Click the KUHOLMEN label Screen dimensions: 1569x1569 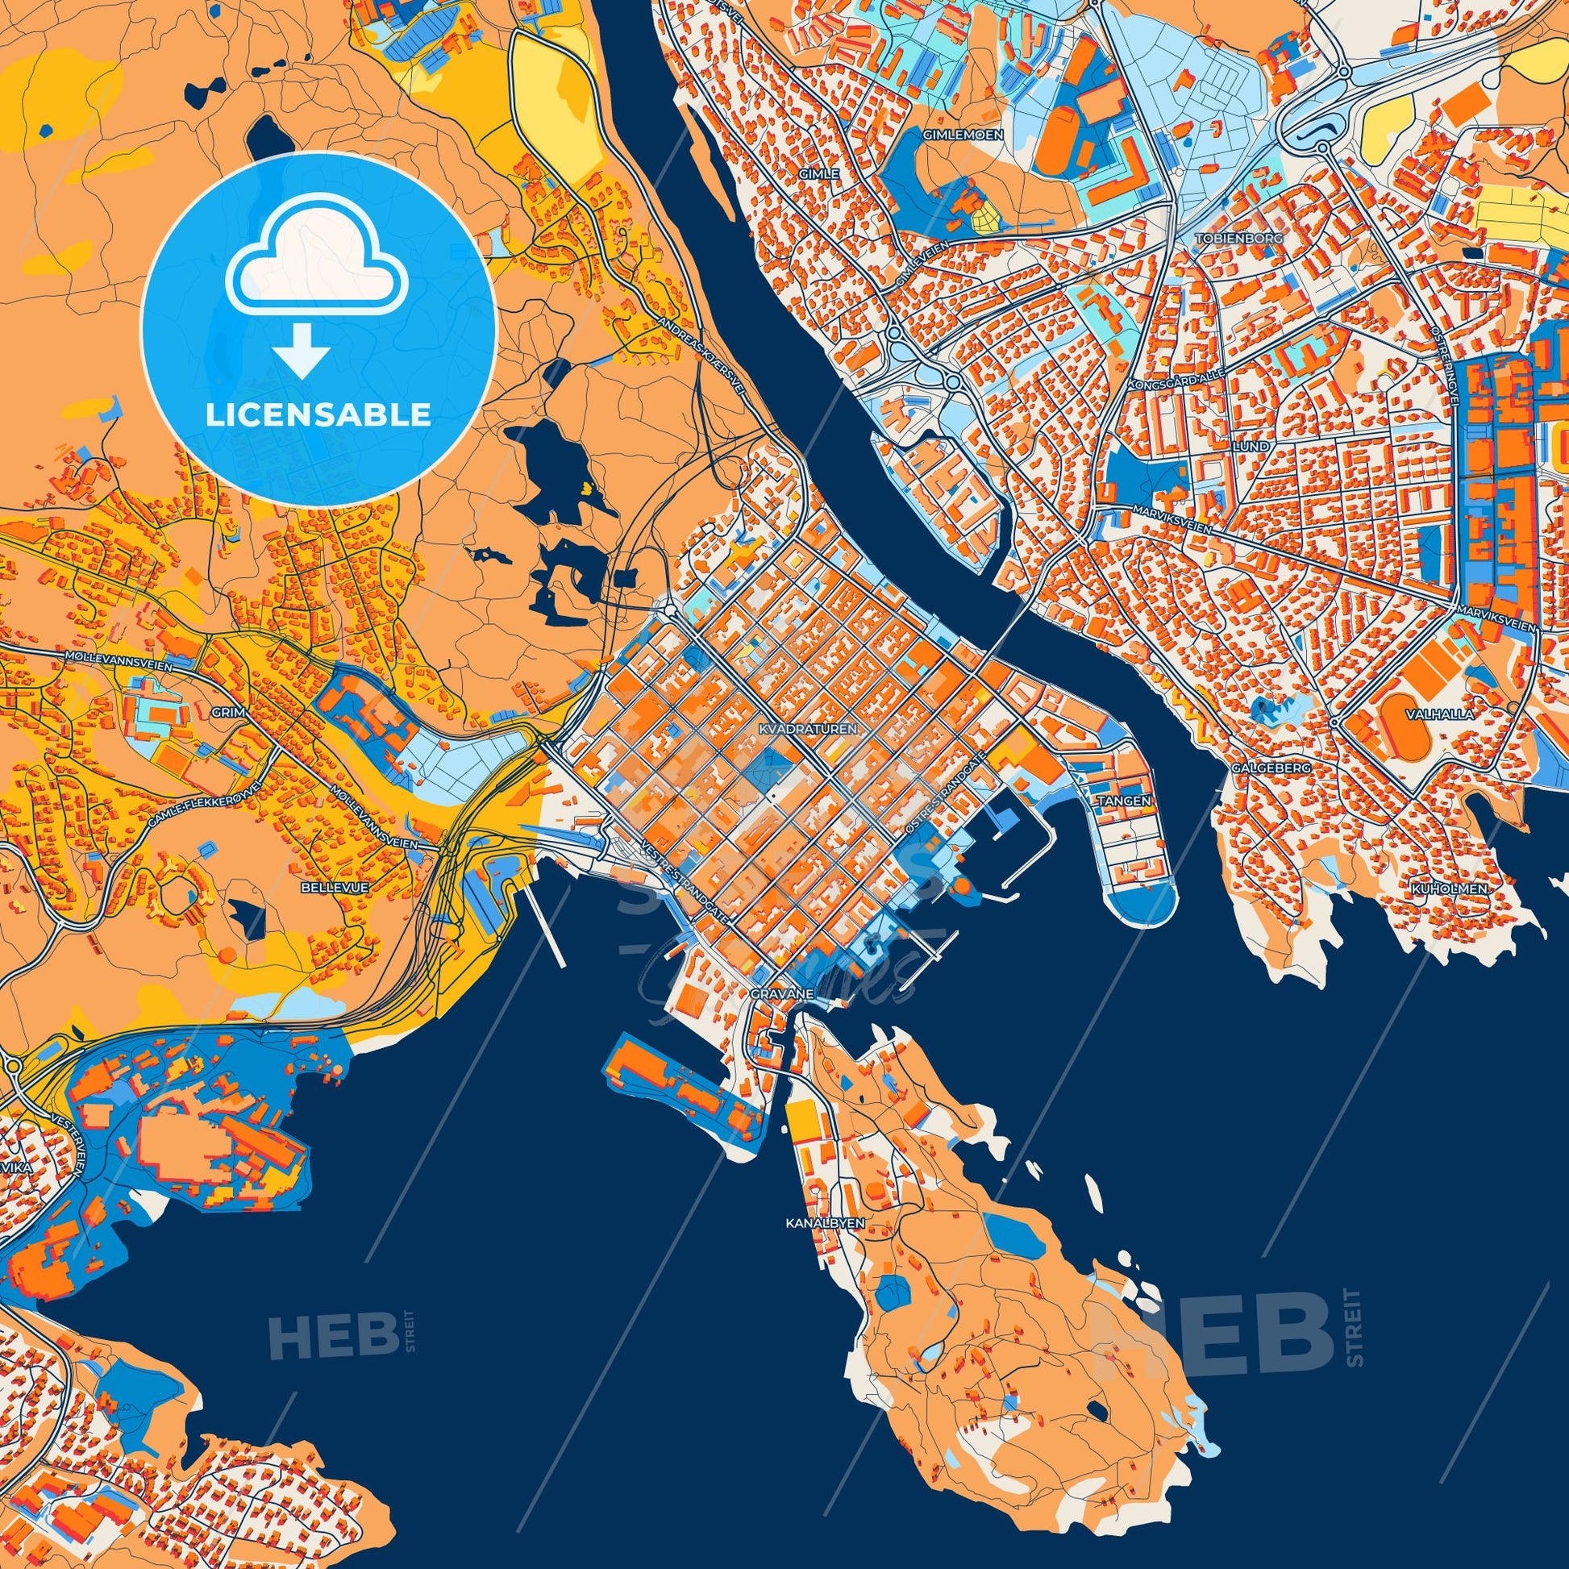[x=1459, y=889]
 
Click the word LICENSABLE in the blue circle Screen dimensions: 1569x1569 [x=318, y=414]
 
